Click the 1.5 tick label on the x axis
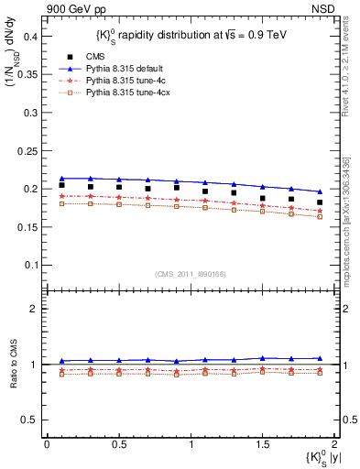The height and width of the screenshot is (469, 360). pyautogui.click(x=262, y=444)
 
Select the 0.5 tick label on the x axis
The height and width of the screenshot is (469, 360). pyautogui.click(x=118, y=444)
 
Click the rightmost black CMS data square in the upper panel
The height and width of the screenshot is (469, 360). pyautogui.click(x=320, y=202)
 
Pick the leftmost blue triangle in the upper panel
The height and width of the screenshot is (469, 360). pyautogui.click(x=61, y=179)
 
